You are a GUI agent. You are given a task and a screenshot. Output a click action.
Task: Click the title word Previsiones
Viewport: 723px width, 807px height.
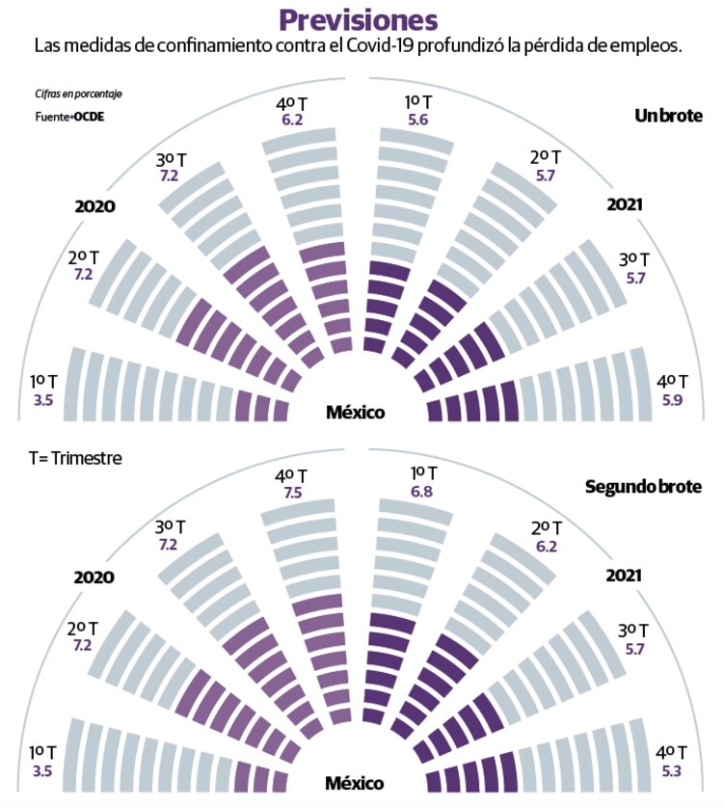click(359, 19)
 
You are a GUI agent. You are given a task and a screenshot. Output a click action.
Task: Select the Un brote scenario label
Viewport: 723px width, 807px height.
click(668, 116)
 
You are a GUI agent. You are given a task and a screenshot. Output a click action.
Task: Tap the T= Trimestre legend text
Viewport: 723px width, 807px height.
click(75, 459)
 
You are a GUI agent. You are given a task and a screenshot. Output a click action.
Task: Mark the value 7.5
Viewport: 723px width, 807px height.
click(291, 494)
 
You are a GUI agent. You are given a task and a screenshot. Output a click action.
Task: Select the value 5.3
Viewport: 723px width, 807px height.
click(671, 769)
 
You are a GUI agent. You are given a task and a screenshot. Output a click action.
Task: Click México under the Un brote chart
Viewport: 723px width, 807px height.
click(355, 413)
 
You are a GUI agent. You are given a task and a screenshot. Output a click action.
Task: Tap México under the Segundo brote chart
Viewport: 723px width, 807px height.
click(355, 783)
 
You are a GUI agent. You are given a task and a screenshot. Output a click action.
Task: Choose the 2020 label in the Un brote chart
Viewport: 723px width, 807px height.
click(95, 206)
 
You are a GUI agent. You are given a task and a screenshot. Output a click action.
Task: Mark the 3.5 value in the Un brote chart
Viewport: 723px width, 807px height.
click(42, 397)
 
